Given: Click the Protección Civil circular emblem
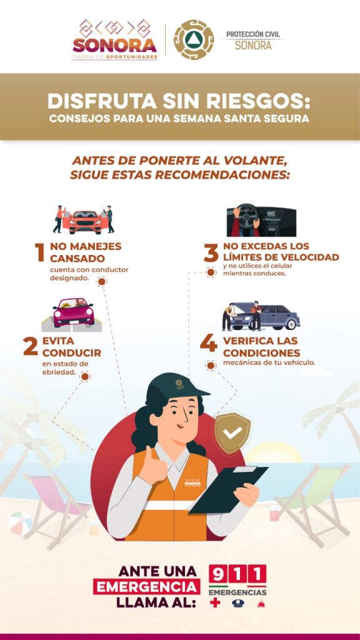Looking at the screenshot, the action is (x=194, y=39).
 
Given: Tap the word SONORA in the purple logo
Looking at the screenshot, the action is (x=115, y=45).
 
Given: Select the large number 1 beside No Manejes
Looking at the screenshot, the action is (x=39, y=252).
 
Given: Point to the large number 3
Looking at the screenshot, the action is (x=211, y=252).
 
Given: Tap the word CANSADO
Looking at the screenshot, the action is (x=77, y=259).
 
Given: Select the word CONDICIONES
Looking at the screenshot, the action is (x=262, y=352).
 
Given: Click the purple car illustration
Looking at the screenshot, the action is (x=74, y=312).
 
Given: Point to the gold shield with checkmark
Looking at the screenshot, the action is (x=232, y=432).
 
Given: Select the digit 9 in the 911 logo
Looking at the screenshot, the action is (x=218, y=574).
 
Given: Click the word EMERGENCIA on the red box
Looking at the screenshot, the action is (x=146, y=587).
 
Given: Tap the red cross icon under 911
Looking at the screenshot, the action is (x=215, y=602).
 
